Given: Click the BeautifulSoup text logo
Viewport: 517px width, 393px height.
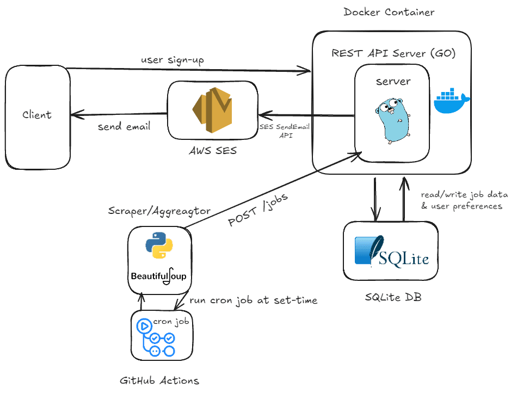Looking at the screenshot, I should coord(158,275).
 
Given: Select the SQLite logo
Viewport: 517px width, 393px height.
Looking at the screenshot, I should coord(391,251).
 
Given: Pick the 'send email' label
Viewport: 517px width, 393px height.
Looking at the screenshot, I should coord(124,127).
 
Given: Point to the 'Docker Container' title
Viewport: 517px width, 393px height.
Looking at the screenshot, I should coord(389,12).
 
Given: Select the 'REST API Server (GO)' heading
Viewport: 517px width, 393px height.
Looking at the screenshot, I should coord(393,53).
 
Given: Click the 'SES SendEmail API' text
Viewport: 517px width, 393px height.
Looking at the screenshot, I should coord(278,131).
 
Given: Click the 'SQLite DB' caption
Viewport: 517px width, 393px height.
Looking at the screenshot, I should coord(393,297).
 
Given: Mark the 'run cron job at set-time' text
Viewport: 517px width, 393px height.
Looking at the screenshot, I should coord(253,300).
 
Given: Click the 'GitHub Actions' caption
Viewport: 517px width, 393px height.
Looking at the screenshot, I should coord(159,380).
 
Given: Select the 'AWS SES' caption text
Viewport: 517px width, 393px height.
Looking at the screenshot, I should coord(212,150).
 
